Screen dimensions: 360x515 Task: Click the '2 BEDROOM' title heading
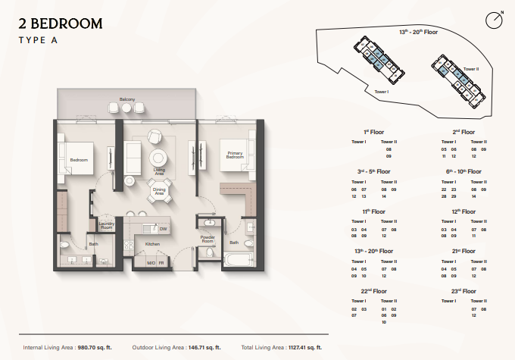(x=61, y=24)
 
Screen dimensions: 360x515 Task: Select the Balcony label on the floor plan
(x=126, y=99)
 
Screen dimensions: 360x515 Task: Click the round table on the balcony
(x=126, y=109)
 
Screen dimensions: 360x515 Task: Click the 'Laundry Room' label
(x=106, y=225)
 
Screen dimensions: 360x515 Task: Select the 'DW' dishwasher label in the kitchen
(x=163, y=228)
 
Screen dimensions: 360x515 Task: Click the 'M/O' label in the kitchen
(x=151, y=263)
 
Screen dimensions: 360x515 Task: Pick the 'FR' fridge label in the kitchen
(x=162, y=263)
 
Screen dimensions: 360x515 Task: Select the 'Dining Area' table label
(x=159, y=193)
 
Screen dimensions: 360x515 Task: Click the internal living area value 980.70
(x=93, y=347)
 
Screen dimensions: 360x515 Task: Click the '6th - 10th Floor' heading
(x=463, y=172)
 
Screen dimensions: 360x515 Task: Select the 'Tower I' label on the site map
(x=382, y=91)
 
